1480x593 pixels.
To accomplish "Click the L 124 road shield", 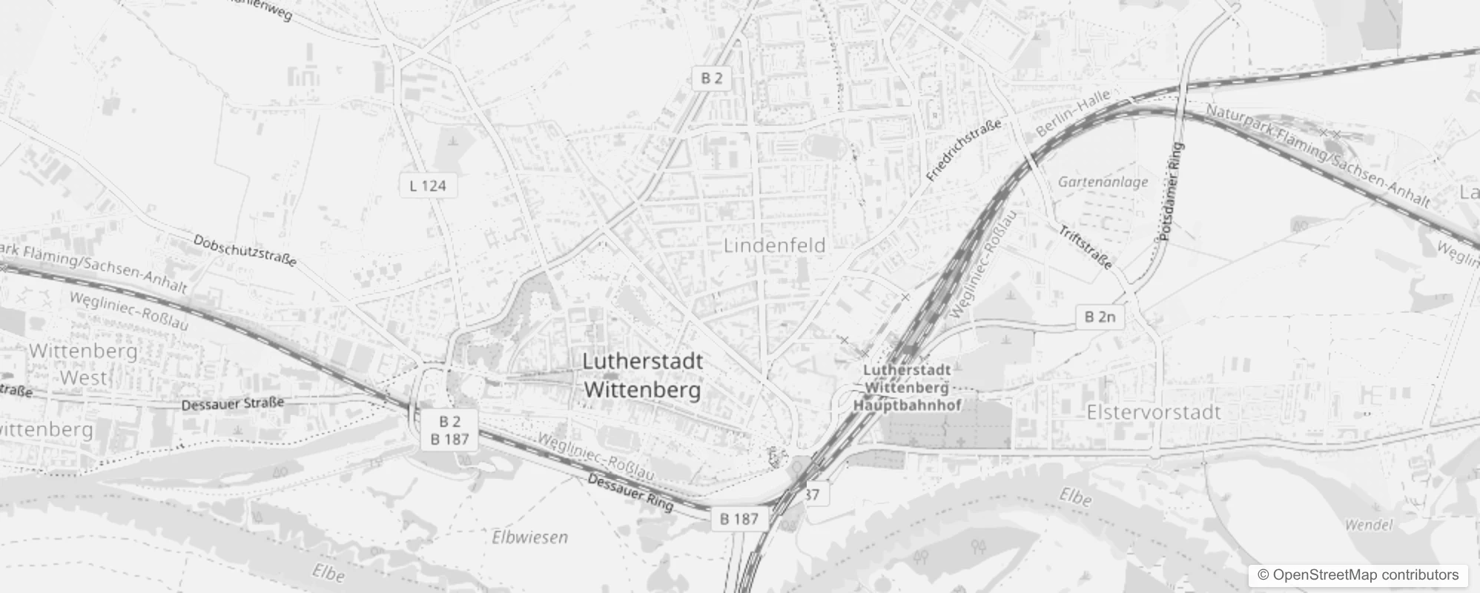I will (x=428, y=185).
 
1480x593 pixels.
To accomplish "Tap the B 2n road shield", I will (x=1100, y=317).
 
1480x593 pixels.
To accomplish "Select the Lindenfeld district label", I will (x=774, y=245).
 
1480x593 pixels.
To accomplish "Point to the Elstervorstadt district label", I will (x=1153, y=412).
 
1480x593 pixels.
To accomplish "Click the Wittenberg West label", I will (x=84, y=363).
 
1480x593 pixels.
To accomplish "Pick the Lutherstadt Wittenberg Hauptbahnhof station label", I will (x=907, y=387).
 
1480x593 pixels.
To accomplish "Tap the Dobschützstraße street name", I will (x=245, y=251).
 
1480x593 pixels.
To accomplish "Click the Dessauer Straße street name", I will (x=233, y=403).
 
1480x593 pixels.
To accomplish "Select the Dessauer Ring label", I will (x=630, y=492).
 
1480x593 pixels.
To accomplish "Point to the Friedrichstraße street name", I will (x=963, y=150).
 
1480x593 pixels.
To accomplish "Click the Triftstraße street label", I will (x=1085, y=247).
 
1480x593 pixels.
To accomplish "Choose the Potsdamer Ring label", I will (x=1170, y=191).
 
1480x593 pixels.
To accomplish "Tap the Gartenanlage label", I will (x=1103, y=182).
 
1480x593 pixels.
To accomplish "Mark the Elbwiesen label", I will (x=529, y=537).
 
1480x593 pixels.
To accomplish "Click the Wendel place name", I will (x=1368, y=525).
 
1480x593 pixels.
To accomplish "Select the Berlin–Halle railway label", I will (x=1072, y=111).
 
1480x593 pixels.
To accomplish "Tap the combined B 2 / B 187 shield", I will (x=449, y=431).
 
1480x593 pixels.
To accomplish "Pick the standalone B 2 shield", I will (x=711, y=78).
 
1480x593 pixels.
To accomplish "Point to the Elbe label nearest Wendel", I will (x=1075, y=497).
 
